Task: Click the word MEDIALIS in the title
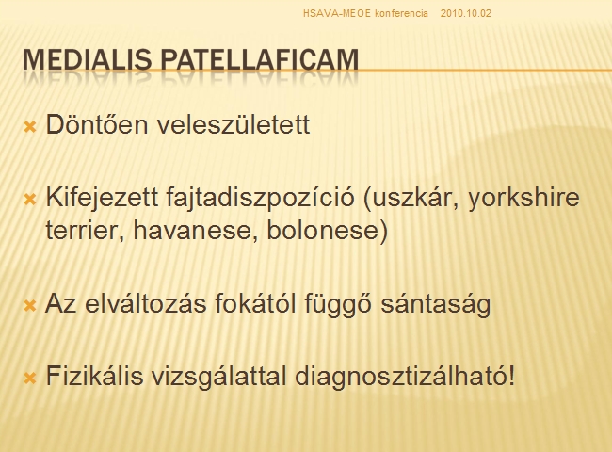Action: (x=88, y=59)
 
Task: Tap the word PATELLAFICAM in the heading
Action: (x=260, y=59)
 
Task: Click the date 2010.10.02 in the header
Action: (x=466, y=14)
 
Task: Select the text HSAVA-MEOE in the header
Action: (x=337, y=14)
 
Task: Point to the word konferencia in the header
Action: (x=401, y=14)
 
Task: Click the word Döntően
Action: (x=97, y=124)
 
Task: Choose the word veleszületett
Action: (x=234, y=124)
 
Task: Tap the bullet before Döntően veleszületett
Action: (x=30, y=126)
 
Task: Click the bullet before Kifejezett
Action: (x=30, y=200)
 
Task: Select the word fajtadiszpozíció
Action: (x=260, y=198)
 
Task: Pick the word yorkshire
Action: (x=523, y=198)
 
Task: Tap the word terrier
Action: (x=85, y=231)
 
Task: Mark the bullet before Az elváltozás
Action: (x=30, y=306)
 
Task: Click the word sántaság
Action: (x=436, y=303)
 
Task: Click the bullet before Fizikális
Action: (x=30, y=378)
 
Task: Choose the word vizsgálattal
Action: (x=218, y=377)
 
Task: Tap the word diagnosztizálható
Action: (x=405, y=377)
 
